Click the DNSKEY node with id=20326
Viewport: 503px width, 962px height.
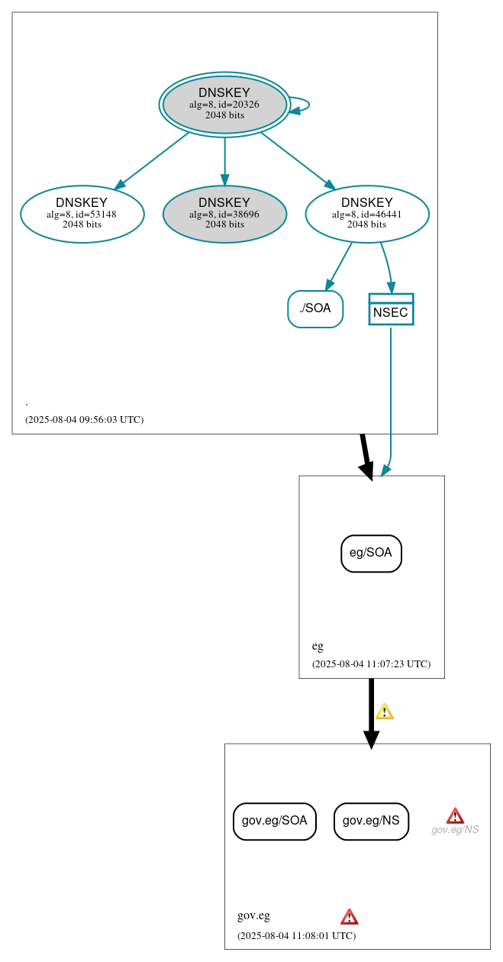[x=224, y=105]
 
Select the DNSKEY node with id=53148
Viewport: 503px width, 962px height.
[x=82, y=215]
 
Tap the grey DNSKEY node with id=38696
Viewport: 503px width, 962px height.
[x=224, y=215]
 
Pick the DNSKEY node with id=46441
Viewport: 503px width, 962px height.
[x=367, y=215]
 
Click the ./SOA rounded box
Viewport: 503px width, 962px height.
[x=315, y=309]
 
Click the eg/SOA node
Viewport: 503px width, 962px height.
[x=371, y=554]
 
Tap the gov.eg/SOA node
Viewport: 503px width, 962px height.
[x=274, y=822]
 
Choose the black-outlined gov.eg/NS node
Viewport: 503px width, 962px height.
[x=371, y=822]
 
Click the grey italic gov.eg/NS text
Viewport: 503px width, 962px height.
[x=455, y=830]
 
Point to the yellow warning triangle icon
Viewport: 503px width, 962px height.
[x=384, y=712]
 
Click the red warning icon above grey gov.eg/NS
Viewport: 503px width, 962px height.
[x=455, y=815]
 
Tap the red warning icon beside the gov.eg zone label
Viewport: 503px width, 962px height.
[x=349, y=916]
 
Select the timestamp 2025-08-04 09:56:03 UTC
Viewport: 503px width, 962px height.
[x=84, y=420]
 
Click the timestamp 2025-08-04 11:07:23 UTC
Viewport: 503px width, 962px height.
[x=371, y=664]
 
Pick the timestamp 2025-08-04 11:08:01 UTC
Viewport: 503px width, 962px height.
[x=296, y=936]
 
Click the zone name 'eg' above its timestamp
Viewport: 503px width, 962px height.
[x=318, y=647]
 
